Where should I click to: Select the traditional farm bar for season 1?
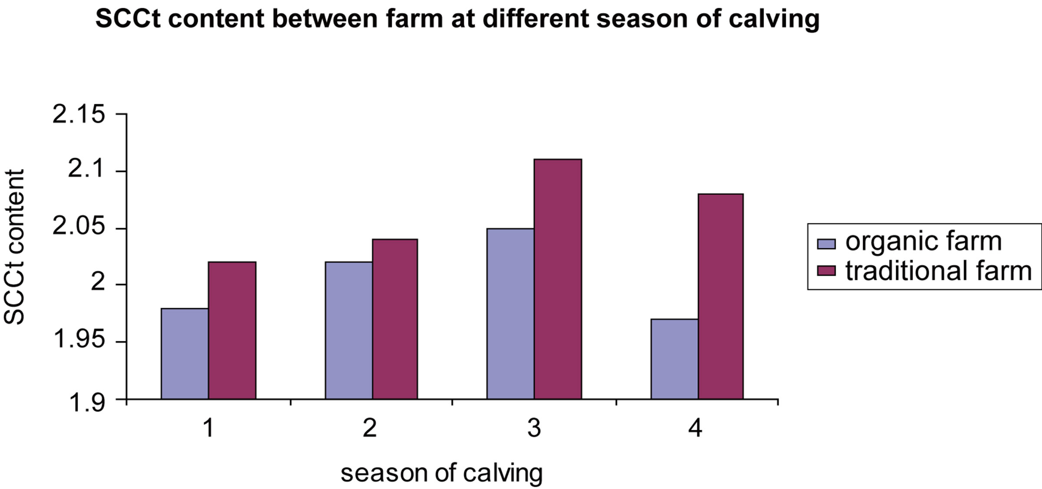(232, 330)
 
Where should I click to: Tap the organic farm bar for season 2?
(349, 330)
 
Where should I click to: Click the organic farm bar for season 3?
(510, 313)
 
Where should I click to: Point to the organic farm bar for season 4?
(675, 359)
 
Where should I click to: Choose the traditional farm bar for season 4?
(721, 296)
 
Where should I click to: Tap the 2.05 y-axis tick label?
(79, 227)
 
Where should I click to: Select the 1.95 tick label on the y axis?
(79, 340)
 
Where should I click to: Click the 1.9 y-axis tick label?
(86, 403)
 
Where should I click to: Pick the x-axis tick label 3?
(534, 429)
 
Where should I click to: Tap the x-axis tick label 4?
(695, 429)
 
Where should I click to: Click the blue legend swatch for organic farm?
(826, 243)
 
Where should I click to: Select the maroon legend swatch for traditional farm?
(826, 271)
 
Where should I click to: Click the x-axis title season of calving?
(441, 473)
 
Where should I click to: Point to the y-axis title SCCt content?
(14, 247)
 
